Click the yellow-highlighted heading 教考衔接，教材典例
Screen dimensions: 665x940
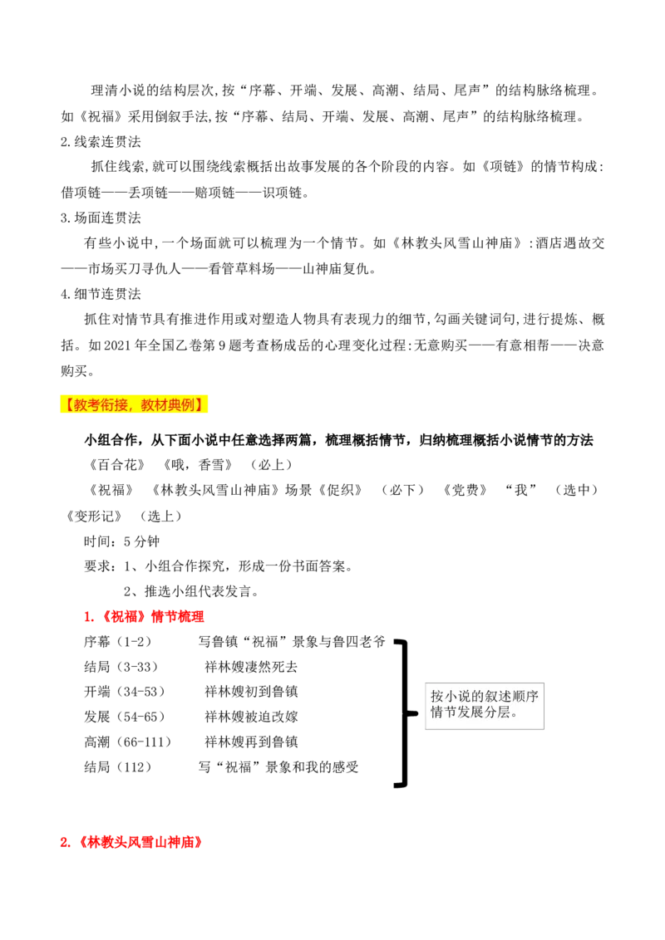pos(133,404)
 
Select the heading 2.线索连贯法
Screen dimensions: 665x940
pos(101,141)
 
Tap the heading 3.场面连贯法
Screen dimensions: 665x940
pos(101,218)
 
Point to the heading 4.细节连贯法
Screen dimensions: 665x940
pos(101,294)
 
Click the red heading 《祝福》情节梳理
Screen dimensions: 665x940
pos(144,616)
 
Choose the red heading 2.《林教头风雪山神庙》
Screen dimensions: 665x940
pos(131,842)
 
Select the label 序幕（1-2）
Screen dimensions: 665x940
pos(118,641)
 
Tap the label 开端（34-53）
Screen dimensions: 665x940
pos(124,691)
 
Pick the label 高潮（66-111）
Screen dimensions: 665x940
pos(128,742)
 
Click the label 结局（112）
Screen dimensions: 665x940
pos(118,766)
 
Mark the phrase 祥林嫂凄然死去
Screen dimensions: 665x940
pos(251,667)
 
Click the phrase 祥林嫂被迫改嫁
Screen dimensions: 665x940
pos(251,717)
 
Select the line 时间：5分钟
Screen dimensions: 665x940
pos(122,541)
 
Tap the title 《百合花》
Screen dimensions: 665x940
pos(117,465)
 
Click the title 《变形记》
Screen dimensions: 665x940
pos(94,516)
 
